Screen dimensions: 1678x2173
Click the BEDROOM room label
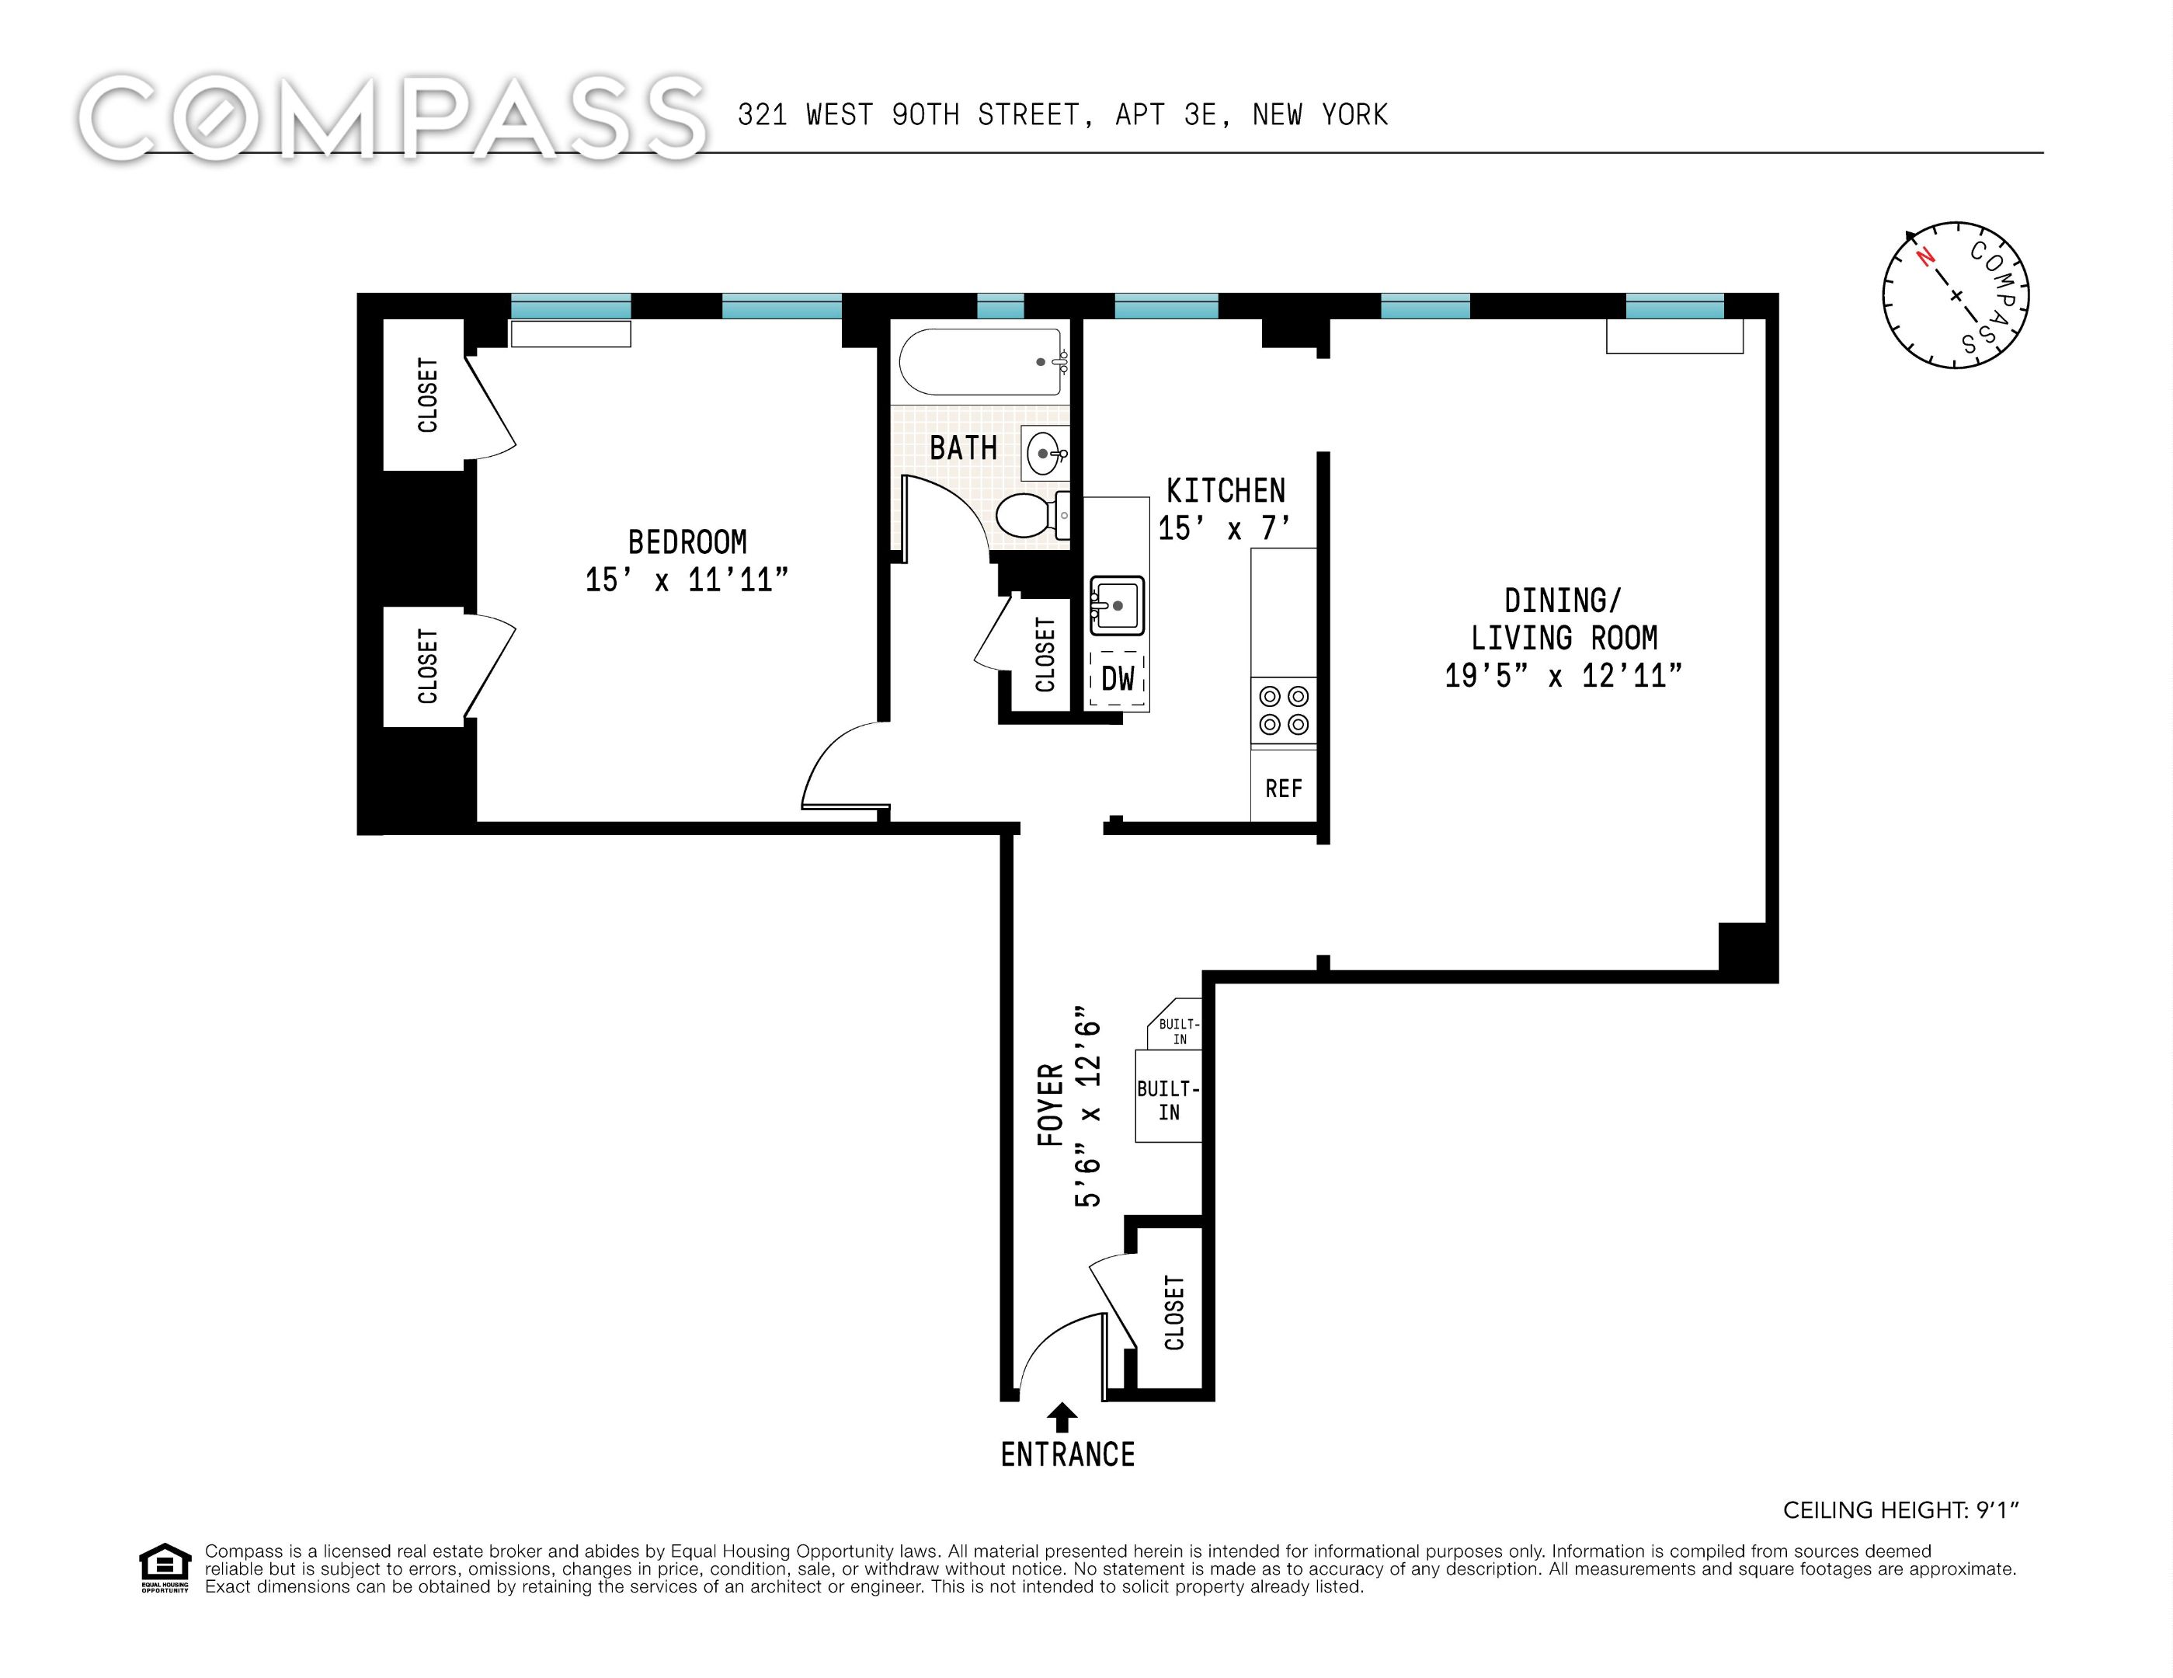687,542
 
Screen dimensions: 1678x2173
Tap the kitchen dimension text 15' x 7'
1224,528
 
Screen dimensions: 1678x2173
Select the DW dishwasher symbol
1118,679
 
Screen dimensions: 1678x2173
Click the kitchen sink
1116,604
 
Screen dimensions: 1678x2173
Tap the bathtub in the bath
981,362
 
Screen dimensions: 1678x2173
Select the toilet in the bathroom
1030,516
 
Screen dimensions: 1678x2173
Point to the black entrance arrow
1062,1416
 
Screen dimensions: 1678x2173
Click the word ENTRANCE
1066,1455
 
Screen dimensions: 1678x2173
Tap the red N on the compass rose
1926,257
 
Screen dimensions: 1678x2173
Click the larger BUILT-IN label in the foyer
1168,1101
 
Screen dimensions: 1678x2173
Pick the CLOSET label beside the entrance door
1174,1312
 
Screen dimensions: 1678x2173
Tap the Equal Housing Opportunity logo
164,1568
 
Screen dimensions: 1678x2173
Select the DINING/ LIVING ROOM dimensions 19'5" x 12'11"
1563,676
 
